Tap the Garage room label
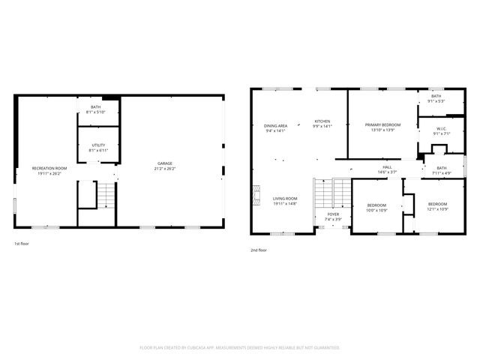point(166,163)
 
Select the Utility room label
point(98,145)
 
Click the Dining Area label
point(276,125)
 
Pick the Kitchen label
point(322,121)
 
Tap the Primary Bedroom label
point(382,124)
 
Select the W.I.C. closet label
point(442,128)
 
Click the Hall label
point(387,167)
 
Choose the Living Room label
point(285,198)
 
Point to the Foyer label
point(332,214)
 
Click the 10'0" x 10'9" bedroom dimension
point(376,210)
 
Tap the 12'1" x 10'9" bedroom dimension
point(437,210)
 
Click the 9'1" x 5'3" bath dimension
point(436,101)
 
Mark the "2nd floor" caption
point(258,250)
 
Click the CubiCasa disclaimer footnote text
point(240,348)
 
